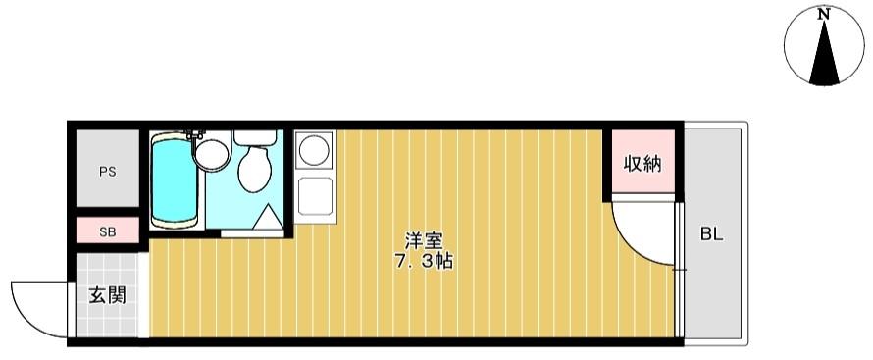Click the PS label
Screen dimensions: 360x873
[x=107, y=171]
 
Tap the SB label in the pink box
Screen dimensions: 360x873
[x=107, y=232]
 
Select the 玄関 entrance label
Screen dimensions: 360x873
[x=106, y=294]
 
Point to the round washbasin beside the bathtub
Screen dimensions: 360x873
[x=210, y=153]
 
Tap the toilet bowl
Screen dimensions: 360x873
[x=255, y=169]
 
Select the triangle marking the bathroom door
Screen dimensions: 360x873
[x=265, y=218]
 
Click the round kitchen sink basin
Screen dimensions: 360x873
[x=313, y=149]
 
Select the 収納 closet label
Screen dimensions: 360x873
[x=642, y=163]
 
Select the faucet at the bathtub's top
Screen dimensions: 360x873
[x=192, y=132]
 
